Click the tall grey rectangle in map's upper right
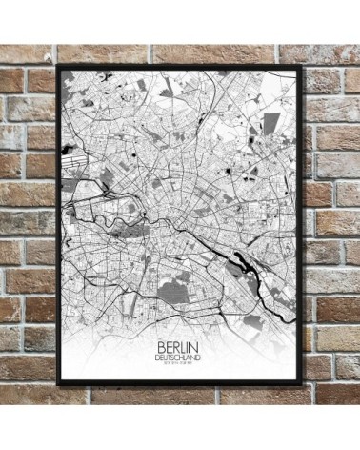pos(272,124)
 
